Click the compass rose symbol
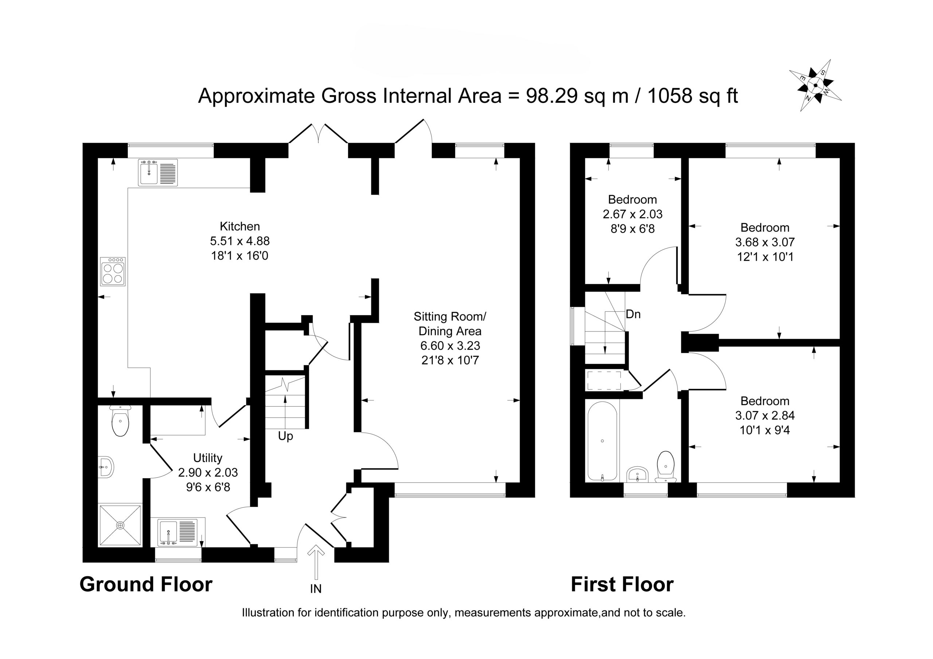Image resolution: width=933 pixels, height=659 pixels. tap(815, 85)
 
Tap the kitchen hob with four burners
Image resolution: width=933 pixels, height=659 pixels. tap(113, 271)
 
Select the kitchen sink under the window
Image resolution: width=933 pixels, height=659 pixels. tap(158, 173)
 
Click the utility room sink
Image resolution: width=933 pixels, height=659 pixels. tap(177, 532)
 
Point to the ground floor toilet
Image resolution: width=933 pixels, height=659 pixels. tap(120, 420)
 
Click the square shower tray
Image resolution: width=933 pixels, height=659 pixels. tap(120, 525)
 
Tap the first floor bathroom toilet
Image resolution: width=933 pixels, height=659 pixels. tap(665, 466)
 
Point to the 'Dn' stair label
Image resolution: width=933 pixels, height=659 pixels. tap(633, 314)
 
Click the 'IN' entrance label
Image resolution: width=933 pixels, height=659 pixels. tap(316, 589)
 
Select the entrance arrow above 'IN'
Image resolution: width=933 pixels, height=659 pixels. tap(316, 562)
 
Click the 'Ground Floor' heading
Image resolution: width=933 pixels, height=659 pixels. tap(146, 584)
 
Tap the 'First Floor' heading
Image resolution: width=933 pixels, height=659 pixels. tap(622, 584)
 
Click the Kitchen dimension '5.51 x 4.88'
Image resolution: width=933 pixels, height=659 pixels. tap(240, 241)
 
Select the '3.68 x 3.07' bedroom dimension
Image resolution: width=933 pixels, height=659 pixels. tap(765, 242)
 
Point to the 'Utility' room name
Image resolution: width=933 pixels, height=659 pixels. tap(208, 458)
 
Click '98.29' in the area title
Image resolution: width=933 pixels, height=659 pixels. tap(552, 96)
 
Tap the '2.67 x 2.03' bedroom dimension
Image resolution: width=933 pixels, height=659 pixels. tap(632, 214)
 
